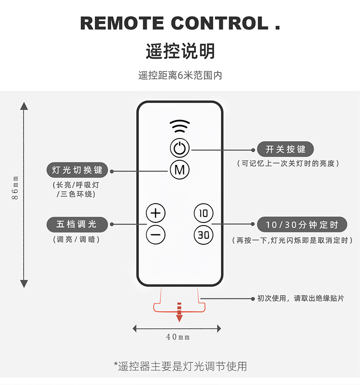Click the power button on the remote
click(x=180, y=148)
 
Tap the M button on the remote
click(x=180, y=170)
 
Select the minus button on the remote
click(x=156, y=235)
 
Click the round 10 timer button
click(x=204, y=213)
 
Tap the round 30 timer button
click(x=204, y=235)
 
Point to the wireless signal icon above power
click(x=180, y=126)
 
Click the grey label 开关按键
click(x=286, y=149)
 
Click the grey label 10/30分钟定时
click(x=302, y=225)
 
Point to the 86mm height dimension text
click(x=15, y=188)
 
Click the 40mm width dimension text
click(x=178, y=337)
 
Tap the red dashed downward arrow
click(x=180, y=313)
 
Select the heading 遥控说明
click(x=180, y=51)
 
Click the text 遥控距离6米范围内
click(x=180, y=76)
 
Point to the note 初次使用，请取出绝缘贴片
click(x=301, y=298)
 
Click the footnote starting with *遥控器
click(x=180, y=366)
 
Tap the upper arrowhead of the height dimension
click(x=24, y=106)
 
